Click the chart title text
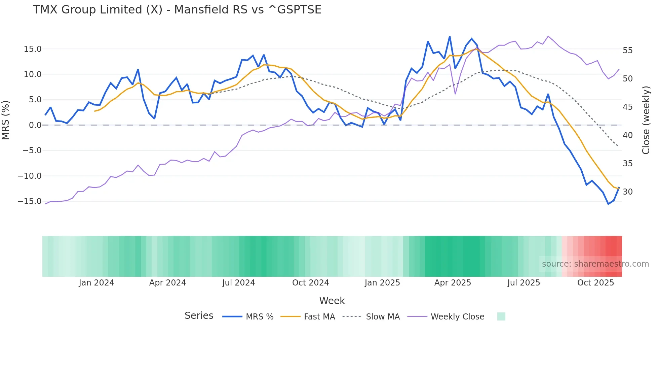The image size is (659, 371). [x=177, y=10]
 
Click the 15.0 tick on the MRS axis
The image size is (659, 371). [x=33, y=49]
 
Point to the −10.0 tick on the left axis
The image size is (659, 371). [x=30, y=176]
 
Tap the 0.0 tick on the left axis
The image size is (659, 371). [x=35, y=125]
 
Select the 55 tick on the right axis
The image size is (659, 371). [x=627, y=50]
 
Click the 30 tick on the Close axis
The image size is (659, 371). [x=627, y=192]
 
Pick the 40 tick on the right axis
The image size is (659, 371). [x=627, y=135]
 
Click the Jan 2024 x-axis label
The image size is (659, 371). [x=96, y=283]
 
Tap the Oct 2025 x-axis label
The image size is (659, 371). [x=595, y=283]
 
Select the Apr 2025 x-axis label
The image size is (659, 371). [x=453, y=283]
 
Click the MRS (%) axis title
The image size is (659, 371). [x=6, y=120]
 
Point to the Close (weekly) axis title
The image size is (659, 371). [x=646, y=120]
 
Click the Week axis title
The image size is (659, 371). [x=332, y=301]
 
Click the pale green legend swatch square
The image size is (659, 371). [x=501, y=316]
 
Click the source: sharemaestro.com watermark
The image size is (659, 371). [x=595, y=264]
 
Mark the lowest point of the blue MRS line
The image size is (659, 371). [x=608, y=204]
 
